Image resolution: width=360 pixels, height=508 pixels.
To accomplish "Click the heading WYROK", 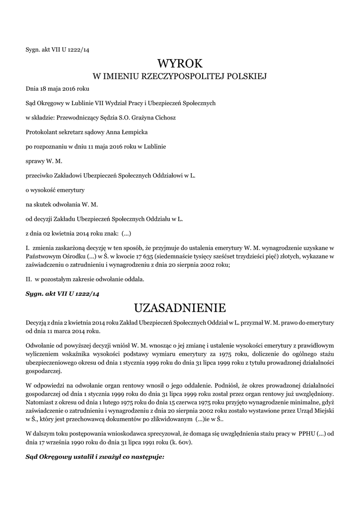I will click(x=180, y=64).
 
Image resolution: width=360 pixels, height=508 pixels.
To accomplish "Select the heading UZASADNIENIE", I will click(x=180, y=308).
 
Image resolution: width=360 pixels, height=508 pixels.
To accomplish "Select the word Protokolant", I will click(x=42, y=132).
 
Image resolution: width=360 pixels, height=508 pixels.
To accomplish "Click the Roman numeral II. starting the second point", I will click(x=29, y=279).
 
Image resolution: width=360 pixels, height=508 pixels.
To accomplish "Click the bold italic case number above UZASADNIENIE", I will click(x=63, y=294).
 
